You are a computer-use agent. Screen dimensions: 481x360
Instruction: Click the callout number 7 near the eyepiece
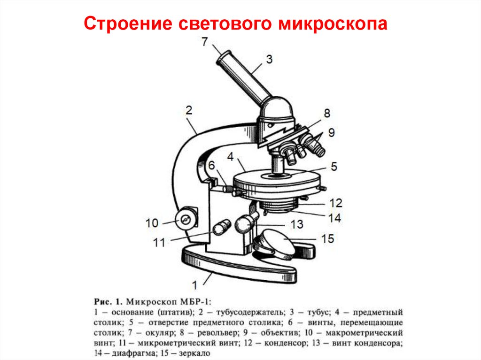pyautogui.click(x=204, y=42)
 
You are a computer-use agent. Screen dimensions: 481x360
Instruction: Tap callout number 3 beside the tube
pyautogui.click(x=269, y=59)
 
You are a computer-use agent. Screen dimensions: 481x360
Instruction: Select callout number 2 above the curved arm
pyautogui.click(x=189, y=110)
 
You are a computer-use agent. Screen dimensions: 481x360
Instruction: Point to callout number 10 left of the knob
pyautogui.click(x=152, y=223)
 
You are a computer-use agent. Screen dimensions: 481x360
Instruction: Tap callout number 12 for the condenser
pyautogui.click(x=335, y=203)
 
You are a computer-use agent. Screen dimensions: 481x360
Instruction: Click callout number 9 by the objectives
pyautogui.click(x=332, y=133)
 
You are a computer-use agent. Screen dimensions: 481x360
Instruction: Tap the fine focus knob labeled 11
pyautogui.click(x=220, y=229)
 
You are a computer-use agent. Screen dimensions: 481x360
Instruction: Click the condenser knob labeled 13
pyautogui.click(x=245, y=224)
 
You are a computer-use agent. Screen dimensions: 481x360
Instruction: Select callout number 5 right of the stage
pyautogui.click(x=334, y=166)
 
